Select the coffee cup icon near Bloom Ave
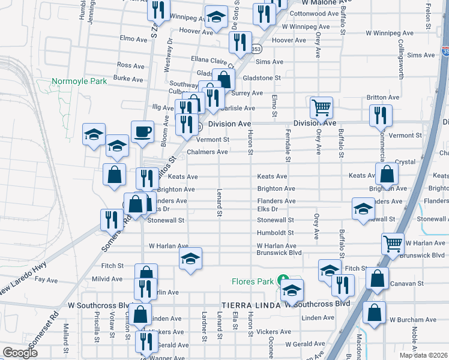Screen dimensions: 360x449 coord(142,133)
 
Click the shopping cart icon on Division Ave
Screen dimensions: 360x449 coord(321,109)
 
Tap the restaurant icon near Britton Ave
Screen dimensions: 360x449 coord(381,116)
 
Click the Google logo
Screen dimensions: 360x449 coord(19,353)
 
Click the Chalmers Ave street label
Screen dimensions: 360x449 coord(207,152)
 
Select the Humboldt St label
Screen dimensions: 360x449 coord(275,233)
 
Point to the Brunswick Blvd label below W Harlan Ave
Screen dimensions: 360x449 coord(278,253)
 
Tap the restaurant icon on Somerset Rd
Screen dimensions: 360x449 coord(110,220)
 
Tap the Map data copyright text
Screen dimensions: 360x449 coord(424,355)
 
